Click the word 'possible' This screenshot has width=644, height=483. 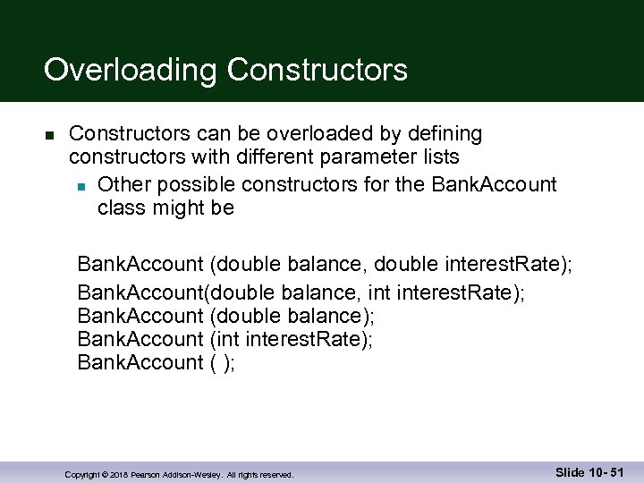[193, 184]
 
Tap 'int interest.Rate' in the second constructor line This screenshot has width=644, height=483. [447, 290]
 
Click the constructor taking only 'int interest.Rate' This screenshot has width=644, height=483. [225, 339]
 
